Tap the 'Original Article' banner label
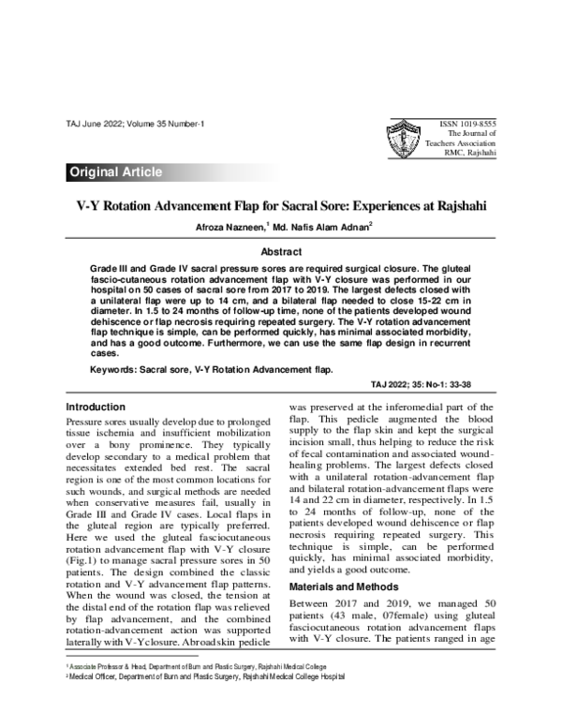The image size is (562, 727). coord(115,172)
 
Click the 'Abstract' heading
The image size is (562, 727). coord(281,252)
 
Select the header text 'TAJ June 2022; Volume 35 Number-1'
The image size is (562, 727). coord(136,124)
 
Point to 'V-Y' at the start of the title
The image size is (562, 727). coord(88,203)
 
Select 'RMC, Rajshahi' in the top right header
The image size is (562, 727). coord(470,153)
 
